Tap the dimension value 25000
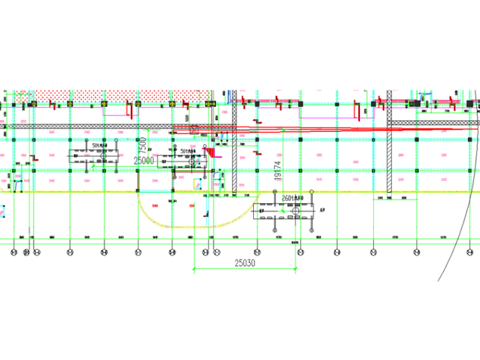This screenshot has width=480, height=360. coord(144,161)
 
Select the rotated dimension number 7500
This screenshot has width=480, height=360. coord(144,143)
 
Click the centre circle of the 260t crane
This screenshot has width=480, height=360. coord(295,218)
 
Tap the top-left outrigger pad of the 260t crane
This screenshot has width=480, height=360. coord(260,204)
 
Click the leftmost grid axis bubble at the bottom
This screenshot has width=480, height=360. coord(14,252)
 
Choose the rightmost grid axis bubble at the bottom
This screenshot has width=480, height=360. coord(469,252)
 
